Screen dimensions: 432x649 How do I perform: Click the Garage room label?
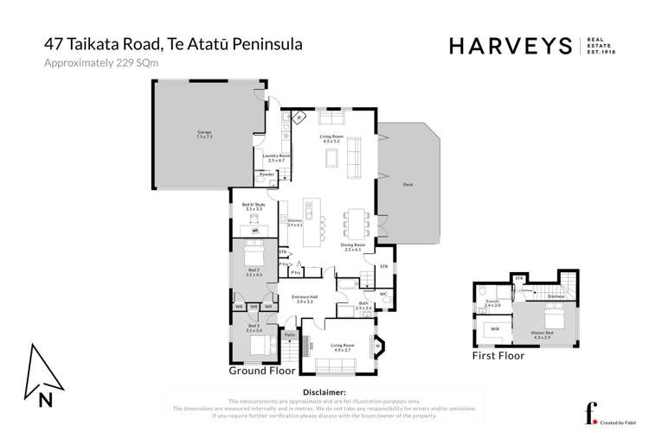click(204, 135)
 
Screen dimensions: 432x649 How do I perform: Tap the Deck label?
click(407, 185)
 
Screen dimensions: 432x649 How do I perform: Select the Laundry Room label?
click(275, 158)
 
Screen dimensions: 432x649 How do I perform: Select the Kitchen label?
click(295, 222)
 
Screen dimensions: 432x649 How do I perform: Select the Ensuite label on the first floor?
click(492, 304)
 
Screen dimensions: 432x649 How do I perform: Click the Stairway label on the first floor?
click(556, 296)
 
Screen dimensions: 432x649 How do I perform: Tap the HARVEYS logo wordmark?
click(510, 46)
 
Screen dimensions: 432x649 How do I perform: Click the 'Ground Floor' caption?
click(261, 371)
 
